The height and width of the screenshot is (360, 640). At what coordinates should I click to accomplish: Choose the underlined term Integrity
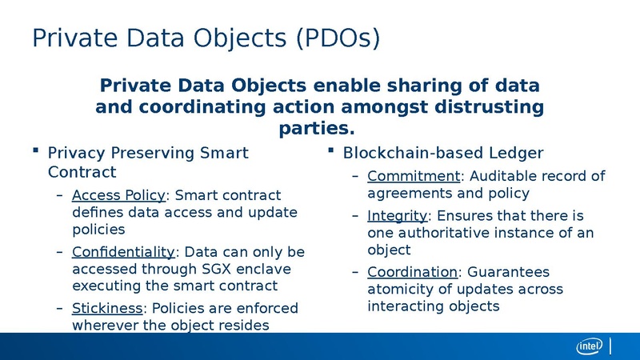click(398, 216)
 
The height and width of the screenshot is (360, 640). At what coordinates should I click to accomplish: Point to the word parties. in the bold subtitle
click(315, 128)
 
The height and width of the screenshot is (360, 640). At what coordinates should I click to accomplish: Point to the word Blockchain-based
click(410, 153)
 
